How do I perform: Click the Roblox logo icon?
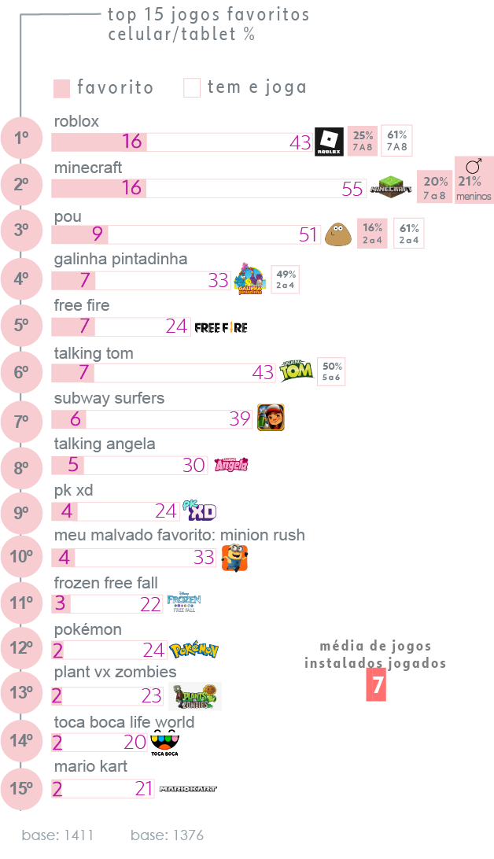click(328, 142)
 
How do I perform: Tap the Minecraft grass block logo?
click(392, 187)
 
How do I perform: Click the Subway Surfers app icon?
click(271, 417)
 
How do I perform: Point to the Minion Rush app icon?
click(234, 558)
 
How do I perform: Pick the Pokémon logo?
click(194, 650)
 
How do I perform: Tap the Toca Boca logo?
click(164, 742)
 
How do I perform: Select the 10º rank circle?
click(21, 557)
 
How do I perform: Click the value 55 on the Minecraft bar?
click(353, 189)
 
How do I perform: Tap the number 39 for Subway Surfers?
click(240, 418)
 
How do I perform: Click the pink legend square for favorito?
click(62, 88)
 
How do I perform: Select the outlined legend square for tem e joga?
click(192, 88)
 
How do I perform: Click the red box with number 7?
click(378, 686)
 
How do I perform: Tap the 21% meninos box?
click(474, 180)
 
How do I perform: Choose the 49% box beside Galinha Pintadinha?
click(286, 278)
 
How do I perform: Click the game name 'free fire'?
click(82, 305)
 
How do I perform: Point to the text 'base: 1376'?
click(167, 835)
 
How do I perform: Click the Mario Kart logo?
click(187, 788)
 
